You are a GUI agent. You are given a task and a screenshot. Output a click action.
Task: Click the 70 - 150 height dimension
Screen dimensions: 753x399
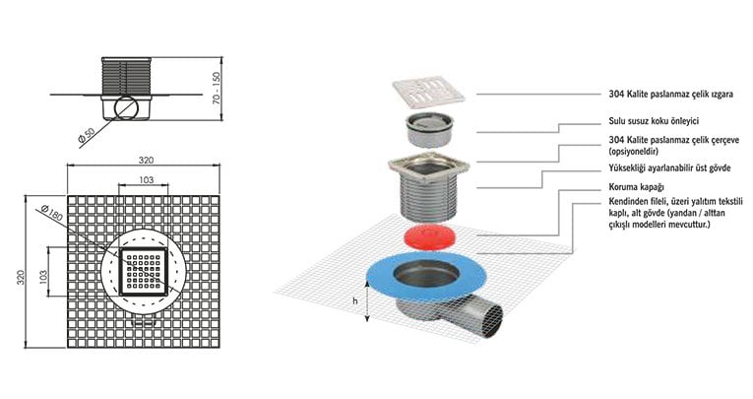(217, 89)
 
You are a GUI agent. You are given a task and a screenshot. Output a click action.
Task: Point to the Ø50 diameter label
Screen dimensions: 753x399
(87, 136)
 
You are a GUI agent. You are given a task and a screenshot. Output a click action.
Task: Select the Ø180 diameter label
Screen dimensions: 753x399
(52, 212)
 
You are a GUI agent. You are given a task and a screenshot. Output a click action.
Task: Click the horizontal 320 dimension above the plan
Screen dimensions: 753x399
(146, 161)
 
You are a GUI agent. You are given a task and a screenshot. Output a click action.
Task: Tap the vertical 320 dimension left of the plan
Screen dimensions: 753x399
(21, 277)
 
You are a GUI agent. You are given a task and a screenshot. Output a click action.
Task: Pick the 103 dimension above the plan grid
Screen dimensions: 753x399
(146, 179)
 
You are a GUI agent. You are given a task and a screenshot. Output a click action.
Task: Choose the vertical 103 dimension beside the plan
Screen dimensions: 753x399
(43, 277)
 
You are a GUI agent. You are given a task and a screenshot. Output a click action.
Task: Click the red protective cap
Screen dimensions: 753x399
(427, 236)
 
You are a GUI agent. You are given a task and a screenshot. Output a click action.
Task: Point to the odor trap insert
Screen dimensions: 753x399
(430, 128)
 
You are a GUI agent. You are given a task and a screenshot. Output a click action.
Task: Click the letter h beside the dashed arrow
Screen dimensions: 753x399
(355, 301)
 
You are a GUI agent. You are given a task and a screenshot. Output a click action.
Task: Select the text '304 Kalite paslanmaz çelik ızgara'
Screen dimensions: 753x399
(671, 95)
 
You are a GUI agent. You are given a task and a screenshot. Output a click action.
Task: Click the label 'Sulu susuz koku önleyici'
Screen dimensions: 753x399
(654, 121)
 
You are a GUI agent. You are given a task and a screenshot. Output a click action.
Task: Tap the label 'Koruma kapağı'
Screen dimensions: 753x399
(636, 187)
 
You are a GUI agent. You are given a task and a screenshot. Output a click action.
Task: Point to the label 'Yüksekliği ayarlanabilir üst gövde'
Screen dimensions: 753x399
(669, 168)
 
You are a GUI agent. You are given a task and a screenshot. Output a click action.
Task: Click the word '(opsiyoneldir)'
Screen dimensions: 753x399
(634, 152)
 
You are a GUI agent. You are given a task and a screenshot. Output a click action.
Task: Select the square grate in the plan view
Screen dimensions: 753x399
(143, 272)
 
